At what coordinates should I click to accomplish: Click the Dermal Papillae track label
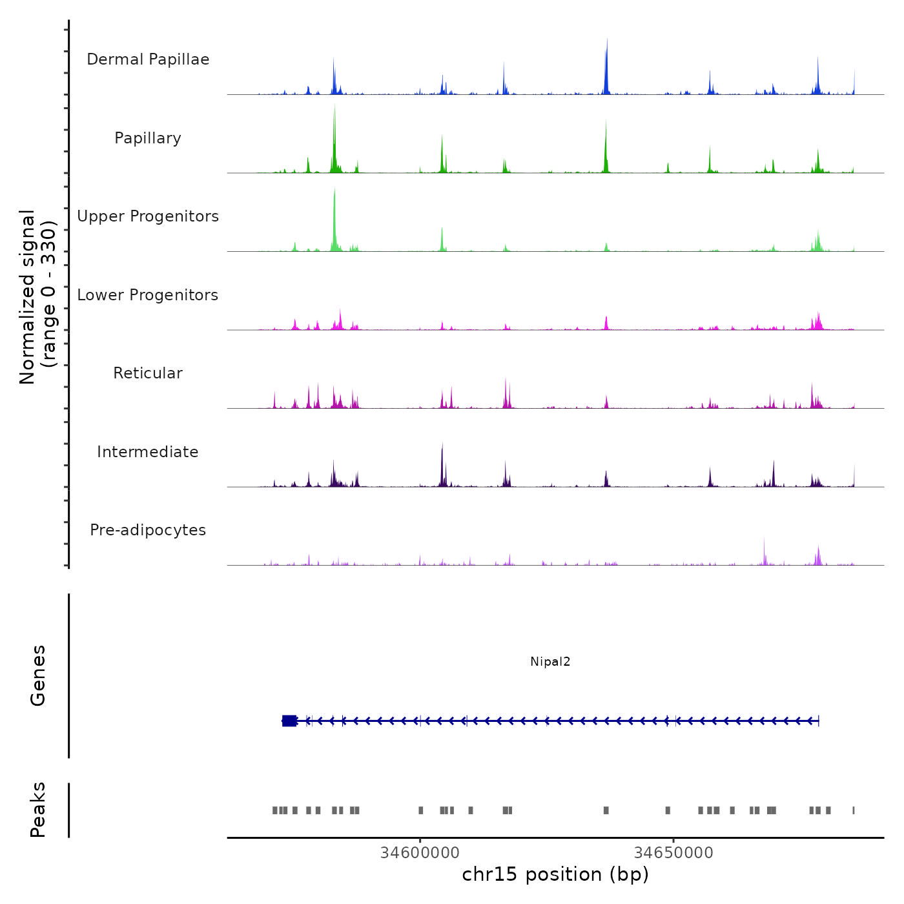(x=148, y=59)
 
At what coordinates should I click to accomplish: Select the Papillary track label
(x=148, y=138)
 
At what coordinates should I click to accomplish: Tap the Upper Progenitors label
(x=148, y=216)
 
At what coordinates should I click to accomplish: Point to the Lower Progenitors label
(x=148, y=295)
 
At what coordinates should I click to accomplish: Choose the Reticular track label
(x=148, y=373)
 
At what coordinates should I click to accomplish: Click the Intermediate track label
(x=148, y=452)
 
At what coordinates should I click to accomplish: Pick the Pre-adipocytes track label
(x=148, y=530)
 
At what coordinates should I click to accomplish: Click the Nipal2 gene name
(x=550, y=662)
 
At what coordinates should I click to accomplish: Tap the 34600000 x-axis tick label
(x=420, y=853)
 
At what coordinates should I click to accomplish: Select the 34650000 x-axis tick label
(x=673, y=853)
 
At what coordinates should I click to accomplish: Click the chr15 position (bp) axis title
(x=555, y=874)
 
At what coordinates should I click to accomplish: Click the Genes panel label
(x=38, y=675)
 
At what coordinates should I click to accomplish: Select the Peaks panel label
(x=38, y=810)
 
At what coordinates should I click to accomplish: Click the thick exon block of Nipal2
(x=289, y=721)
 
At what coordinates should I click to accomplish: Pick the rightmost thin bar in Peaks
(x=854, y=810)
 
